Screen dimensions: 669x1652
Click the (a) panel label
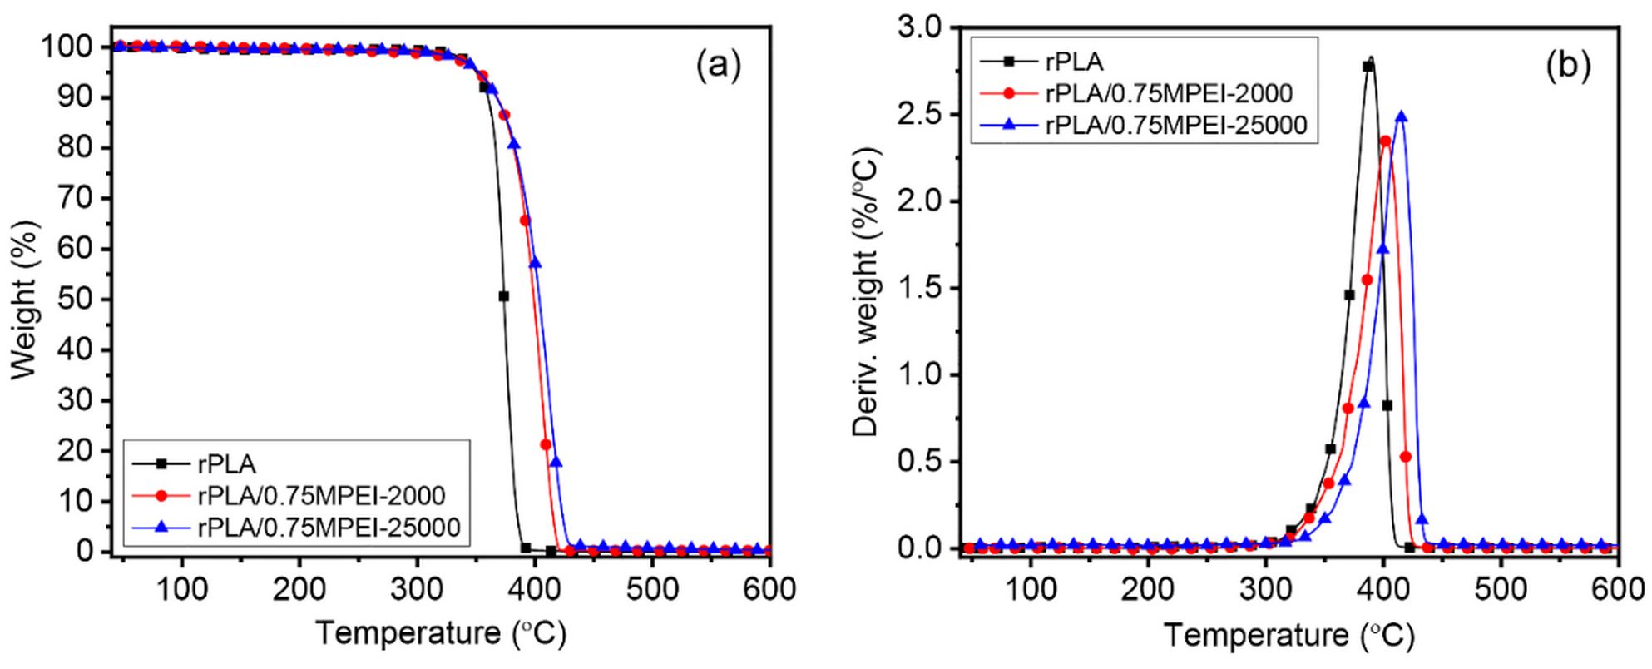718,65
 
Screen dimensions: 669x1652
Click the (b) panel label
1568,65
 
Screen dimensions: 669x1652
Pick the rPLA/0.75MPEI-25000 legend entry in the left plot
328,527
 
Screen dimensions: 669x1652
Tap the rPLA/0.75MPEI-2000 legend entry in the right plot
1168,92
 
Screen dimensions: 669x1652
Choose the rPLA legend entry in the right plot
1074,61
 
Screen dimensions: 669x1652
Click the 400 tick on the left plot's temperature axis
534,589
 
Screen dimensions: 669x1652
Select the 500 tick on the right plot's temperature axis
1501,589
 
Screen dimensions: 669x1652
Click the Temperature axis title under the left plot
441,634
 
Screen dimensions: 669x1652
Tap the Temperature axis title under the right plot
1288,636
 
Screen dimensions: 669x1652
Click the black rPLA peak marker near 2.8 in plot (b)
1368,67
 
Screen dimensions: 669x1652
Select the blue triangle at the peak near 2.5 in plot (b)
1402,116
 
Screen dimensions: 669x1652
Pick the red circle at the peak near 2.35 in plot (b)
1386,141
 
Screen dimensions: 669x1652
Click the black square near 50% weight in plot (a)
503,296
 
